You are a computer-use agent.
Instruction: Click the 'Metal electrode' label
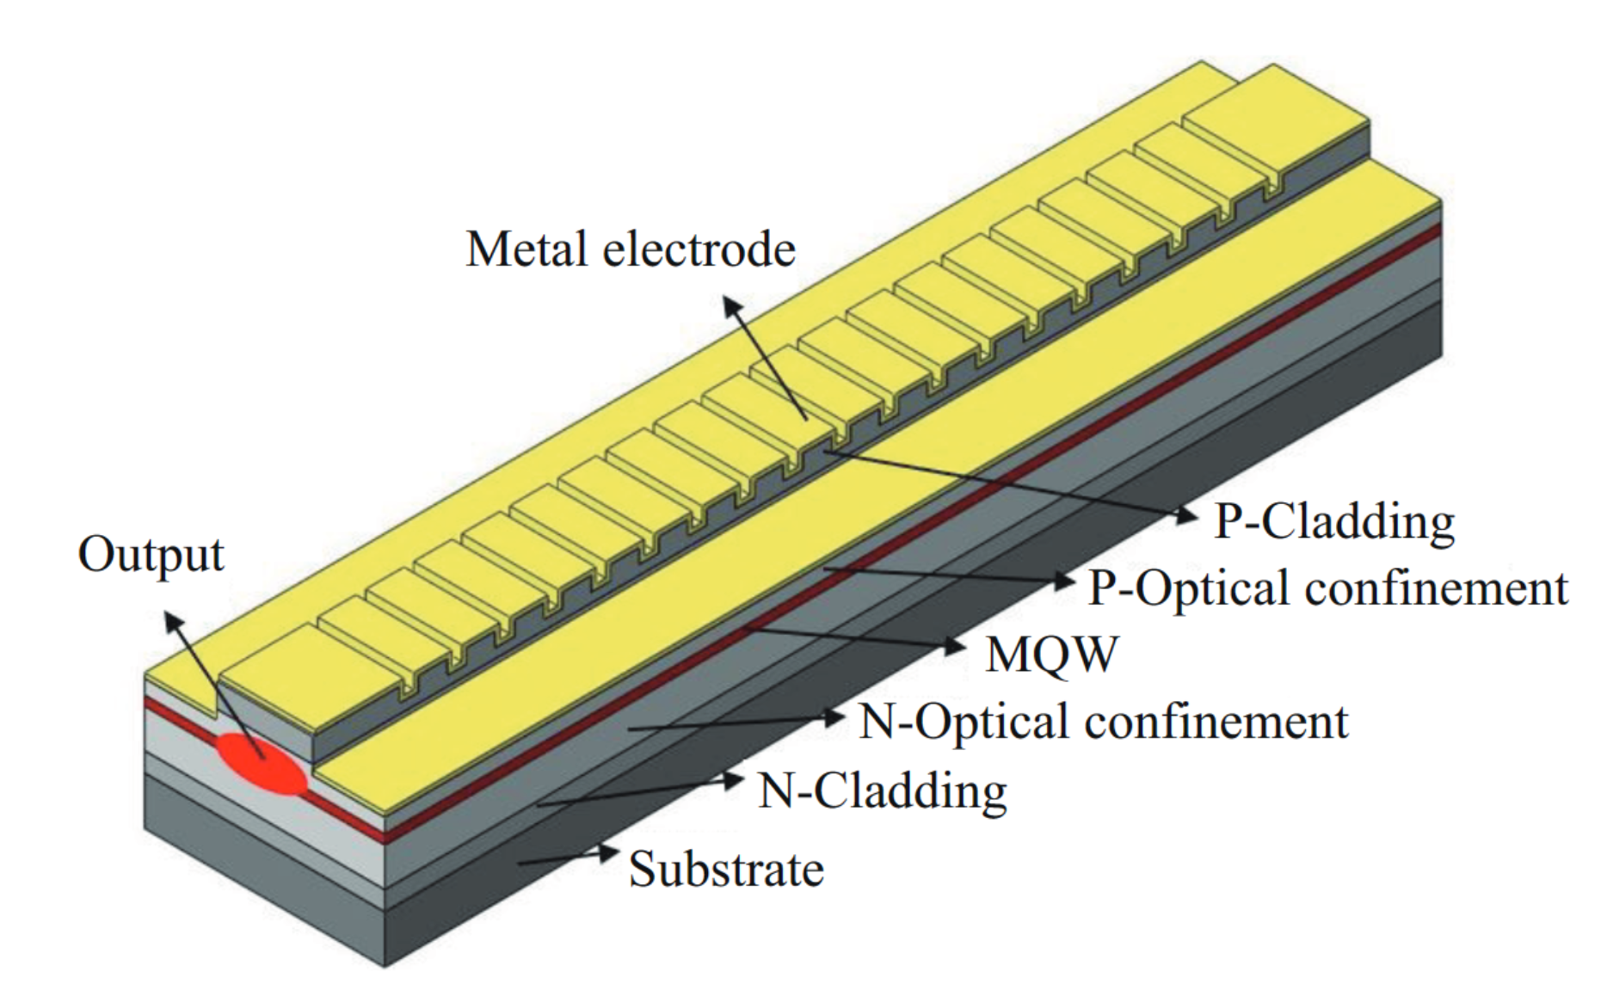pos(630,249)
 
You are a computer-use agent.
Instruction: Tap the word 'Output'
pos(151,555)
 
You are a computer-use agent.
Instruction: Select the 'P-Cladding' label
pos(1333,521)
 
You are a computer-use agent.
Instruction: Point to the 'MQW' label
pos(1051,655)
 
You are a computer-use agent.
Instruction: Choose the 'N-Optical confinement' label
pos(1104,722)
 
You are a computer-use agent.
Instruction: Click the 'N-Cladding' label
pos(882,790)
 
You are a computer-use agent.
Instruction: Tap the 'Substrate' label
pos(726,869)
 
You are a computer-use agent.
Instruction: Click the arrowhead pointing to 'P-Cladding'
pos(1188,515)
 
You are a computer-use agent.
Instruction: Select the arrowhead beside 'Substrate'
pos(609,853)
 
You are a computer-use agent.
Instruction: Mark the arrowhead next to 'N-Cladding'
pos(733,781)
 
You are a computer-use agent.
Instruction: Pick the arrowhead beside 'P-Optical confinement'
pos(1065,581)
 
